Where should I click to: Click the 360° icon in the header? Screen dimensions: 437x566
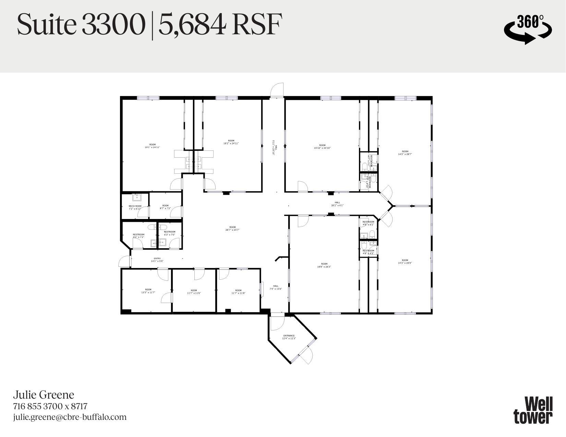coord(528,29)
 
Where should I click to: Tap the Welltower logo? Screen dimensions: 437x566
coord(533,410)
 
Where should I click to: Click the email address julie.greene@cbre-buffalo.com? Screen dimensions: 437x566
coord(70,417)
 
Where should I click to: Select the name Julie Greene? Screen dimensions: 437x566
coord(44,395)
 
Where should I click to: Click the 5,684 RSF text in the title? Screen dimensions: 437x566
coord(220,25)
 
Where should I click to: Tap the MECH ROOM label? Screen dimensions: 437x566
coord(135,207)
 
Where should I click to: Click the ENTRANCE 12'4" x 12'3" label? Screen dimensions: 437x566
coord(289,337)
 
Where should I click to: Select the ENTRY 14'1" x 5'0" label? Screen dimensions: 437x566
coord(157,260)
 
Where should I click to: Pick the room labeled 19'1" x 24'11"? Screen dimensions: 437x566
coord(152,146)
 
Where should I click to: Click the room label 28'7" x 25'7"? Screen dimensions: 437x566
coord(232,228)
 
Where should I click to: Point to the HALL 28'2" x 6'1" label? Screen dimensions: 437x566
coord(337,204)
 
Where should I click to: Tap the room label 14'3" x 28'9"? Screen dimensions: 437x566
coord(405,262)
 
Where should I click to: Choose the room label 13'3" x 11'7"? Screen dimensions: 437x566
coord(148,291)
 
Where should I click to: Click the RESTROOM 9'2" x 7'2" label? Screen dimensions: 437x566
coord(139,236)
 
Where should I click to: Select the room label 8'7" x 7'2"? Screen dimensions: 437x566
coord(165,207)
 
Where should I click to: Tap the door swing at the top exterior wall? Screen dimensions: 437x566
coord(277,90)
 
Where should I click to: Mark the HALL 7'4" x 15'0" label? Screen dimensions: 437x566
coord(276,287)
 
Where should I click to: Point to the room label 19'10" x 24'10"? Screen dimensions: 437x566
coord(322,147)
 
